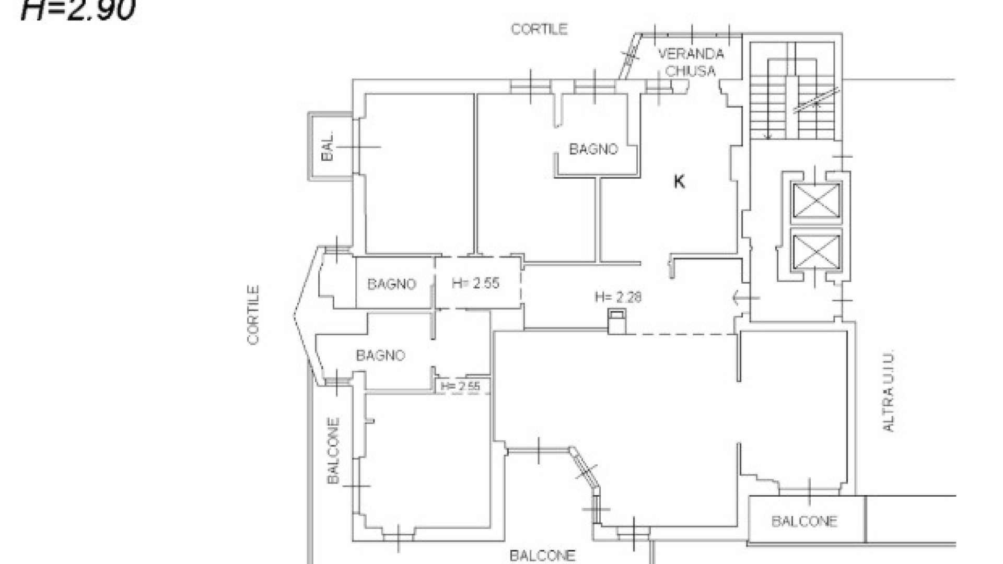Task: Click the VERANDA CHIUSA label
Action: [x=691, y=62]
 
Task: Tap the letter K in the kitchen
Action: [x=679, y=182]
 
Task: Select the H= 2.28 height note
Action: [x=618, y=297]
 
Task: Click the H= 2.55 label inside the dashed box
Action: [x=475, y=283]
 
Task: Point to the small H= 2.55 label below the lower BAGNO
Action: [x=460, y=386]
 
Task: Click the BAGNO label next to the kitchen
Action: [x=593, y=149]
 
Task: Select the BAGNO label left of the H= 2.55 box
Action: [x=392, y=284]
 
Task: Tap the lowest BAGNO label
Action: [x=380, y=356]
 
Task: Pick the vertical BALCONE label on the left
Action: [x=333, y=450]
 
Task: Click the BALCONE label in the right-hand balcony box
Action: [x=804, y=521]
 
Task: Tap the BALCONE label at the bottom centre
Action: [x=542, y=556]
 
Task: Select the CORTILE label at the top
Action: [x=539, y=29]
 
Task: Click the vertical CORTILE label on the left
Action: [x=253, y=314]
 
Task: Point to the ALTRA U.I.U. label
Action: [x=889, y=390]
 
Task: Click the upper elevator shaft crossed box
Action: [x=816, y=201]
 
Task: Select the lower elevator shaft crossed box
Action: [x=816, y=252]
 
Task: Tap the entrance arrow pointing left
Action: [x=746, y=299]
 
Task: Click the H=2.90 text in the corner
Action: [x=78, y=9]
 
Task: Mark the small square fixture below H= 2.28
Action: [x=617, y=321]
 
